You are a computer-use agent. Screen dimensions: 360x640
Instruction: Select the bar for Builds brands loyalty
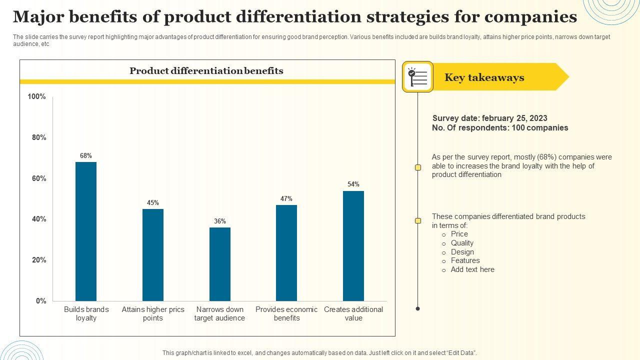[x=86, y=231]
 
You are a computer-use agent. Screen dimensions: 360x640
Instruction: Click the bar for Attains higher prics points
[x=153, y=254]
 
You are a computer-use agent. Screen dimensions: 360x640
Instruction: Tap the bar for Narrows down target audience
[x=220, y=264]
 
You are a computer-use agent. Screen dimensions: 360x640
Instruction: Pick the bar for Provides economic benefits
[x=286, y=252]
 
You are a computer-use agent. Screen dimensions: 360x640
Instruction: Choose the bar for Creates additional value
[x=353, y=245]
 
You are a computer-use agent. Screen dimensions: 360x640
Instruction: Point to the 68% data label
[x=86, y=156]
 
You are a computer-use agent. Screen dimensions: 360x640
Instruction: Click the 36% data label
[x=220, y=221]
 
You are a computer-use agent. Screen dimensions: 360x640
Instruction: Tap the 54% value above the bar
[x=353, y=184]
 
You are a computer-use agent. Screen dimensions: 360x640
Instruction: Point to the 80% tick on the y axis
[x=39, y=137]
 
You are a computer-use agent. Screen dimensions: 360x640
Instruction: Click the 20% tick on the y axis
[x=39, y=260]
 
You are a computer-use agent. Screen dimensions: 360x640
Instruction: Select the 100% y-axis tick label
[x=37, y=96]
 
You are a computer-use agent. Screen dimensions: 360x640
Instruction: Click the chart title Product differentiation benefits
[x=206, y=71]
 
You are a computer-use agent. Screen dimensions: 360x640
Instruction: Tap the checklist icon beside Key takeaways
[x=417, y=77]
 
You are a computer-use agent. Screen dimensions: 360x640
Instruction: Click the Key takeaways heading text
[x=484, y=77]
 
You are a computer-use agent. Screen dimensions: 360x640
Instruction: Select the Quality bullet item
[x=462, y=243]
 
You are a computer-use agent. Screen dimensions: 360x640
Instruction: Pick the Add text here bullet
[x=472, y=269]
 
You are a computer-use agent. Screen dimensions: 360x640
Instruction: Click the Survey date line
[x=489, y=118]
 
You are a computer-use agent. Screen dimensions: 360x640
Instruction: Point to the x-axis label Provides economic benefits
[x=286, y=313]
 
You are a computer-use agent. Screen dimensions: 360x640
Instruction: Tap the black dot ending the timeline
[x=418, y=308]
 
